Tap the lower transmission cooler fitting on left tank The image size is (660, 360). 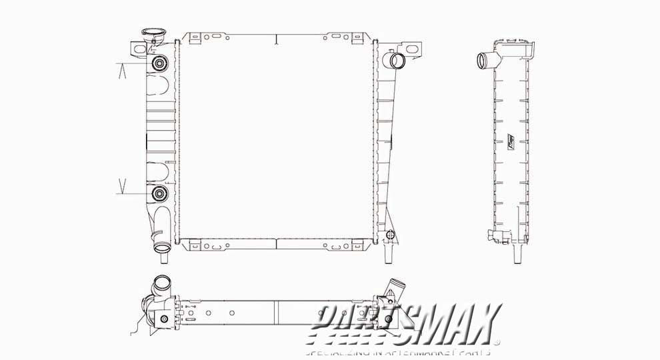point(160,194)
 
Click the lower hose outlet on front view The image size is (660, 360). point(162,249)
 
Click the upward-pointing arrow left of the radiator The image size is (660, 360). point(122,71)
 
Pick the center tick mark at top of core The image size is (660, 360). point(276,39)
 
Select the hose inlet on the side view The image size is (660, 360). point(483,61)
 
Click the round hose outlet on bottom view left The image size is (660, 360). point(161,282)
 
